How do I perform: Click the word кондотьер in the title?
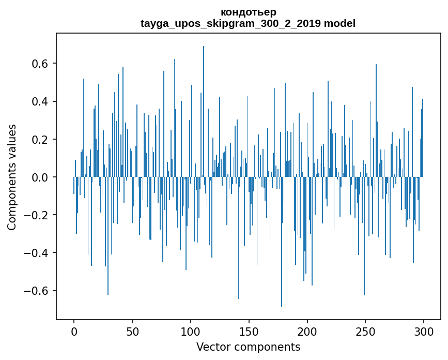click(248, 12)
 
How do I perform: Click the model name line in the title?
click(248, 23)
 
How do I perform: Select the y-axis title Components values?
click(11, 177)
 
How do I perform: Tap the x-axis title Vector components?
click(248, 347)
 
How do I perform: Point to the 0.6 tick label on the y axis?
click(40, 64)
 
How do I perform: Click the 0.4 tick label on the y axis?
click(40, 101)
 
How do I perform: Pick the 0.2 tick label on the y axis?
click(40, 140)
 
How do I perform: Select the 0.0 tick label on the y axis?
click(40, 177)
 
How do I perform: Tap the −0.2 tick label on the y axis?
click(37, 215)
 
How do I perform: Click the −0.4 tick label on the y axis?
click(37, 253)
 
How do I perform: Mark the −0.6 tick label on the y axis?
click(37, 291)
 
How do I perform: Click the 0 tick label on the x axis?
click(74, 331)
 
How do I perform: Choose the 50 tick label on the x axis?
click(132, 331)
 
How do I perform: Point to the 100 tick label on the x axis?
click(191, 331)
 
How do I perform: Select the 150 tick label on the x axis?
click(249, 331)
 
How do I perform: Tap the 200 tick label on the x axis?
click(307, 331)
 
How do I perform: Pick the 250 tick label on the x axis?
click(366, 331)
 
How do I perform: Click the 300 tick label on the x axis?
click(424, 331)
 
